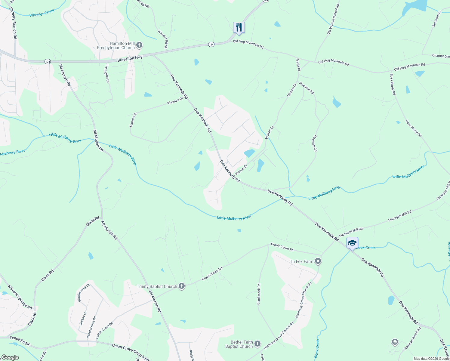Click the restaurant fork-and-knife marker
239,27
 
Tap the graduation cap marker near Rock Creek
352,243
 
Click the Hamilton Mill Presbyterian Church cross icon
139,45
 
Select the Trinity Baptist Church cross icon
181,286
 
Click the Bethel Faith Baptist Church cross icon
257,344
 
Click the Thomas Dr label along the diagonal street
175,101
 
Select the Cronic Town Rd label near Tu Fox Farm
282,247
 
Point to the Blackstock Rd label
259,294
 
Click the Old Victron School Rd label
333,19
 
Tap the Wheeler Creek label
42,13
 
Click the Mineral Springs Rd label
20,297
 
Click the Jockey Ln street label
83,318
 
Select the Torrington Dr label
107,73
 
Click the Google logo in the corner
10,357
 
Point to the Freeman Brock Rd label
412,338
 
